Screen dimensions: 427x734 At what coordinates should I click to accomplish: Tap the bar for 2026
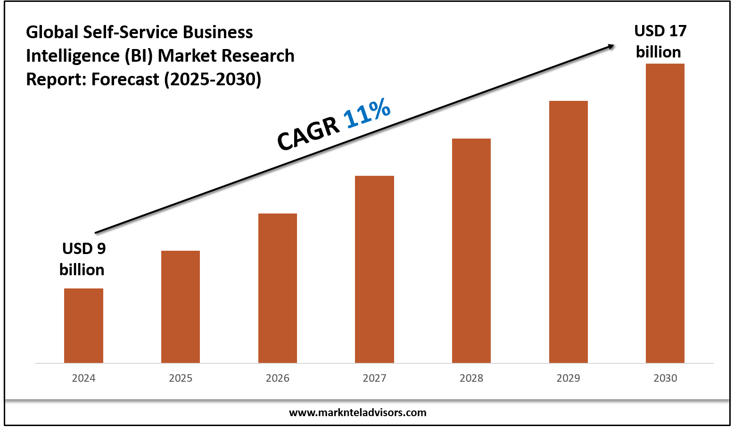[x=278, y=288]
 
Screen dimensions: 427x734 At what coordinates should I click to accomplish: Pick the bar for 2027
[x=374, y=269]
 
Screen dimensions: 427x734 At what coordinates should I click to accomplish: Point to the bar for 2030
[x=665, y=213]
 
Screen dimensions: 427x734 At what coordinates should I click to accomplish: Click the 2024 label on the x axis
[x=83, y=378]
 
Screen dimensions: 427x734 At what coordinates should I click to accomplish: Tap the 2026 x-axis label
[x=278, y=378]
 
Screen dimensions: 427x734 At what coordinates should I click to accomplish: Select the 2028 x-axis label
[x=471, y=378]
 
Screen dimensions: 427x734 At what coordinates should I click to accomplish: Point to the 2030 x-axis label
[x=665, y=378]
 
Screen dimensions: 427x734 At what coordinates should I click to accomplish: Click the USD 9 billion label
[x=83, y=259]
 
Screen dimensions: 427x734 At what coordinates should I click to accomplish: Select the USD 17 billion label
[x=660, y=41]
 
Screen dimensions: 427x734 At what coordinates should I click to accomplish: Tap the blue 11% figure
[x=367, y=113]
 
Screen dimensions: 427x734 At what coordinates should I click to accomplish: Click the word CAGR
[x=308, y=134]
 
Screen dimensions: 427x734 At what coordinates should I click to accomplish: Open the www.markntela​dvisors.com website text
[x=357, y=412]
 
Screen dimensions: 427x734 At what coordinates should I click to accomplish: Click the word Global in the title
[x=52, y=32]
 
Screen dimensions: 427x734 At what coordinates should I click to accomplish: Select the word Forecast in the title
[x=125, y=79]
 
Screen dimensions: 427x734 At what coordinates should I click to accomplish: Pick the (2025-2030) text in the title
[x=213, y=79]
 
